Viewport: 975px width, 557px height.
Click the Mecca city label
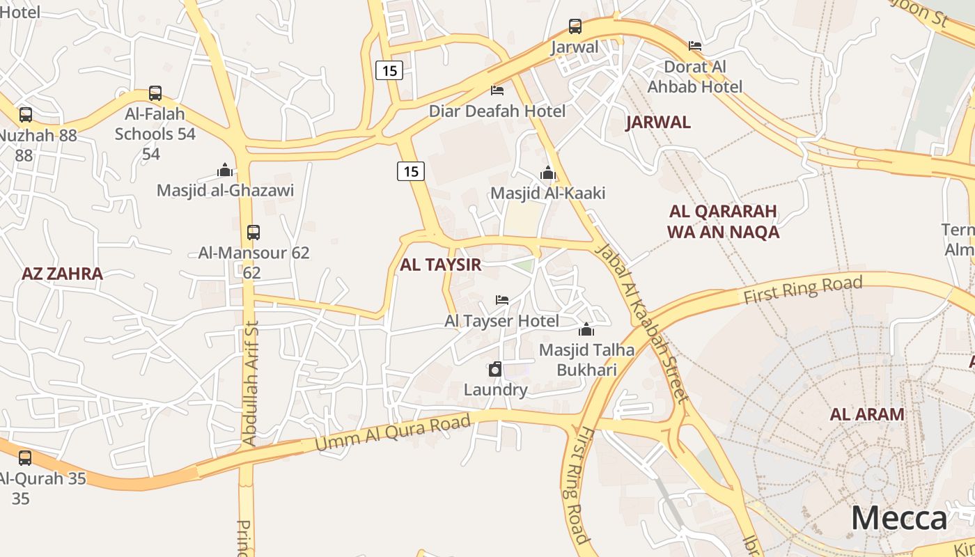pos(899,519)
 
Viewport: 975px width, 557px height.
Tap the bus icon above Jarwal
pos(575,26)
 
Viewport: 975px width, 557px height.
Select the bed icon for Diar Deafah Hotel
pos(497,91)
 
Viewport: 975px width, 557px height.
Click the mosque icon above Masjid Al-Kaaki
pos(548,173)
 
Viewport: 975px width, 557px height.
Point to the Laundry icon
pos(495,369)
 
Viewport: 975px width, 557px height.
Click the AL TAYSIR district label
pos(440,265)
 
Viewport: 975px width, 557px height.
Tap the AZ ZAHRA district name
pos(62,274)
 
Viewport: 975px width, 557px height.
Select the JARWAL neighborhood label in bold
pos(658,123)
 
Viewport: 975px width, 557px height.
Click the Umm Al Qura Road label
pos(393,432)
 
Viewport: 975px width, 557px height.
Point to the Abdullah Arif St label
pos(249,383)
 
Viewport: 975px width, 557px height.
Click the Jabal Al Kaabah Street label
pos(643,324)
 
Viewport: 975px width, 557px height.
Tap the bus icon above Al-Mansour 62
pos(253,233)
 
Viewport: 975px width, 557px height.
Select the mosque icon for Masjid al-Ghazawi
pos(225,170)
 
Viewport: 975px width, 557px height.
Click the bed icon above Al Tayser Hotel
pos(502,300)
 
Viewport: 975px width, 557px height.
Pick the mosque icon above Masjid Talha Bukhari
pos(586,329)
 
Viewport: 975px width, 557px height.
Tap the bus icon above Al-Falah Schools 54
pos(155,93)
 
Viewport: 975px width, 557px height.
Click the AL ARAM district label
pos(867,414)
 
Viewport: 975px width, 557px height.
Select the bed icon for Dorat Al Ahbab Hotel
pos(694,46)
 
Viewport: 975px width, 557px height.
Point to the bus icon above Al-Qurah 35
pos(25,458)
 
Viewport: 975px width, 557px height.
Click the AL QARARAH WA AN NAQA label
pos(723,221)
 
